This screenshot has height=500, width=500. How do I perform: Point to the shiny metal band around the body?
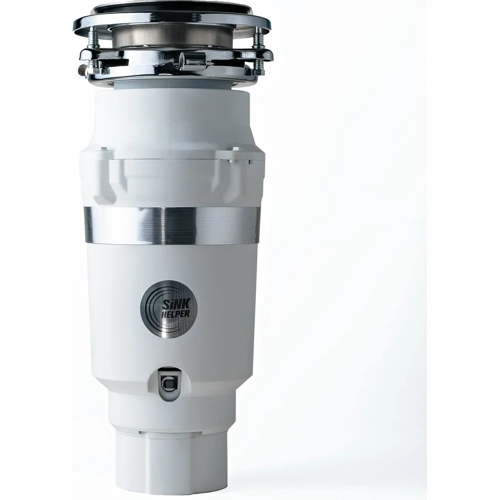[171, 225]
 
